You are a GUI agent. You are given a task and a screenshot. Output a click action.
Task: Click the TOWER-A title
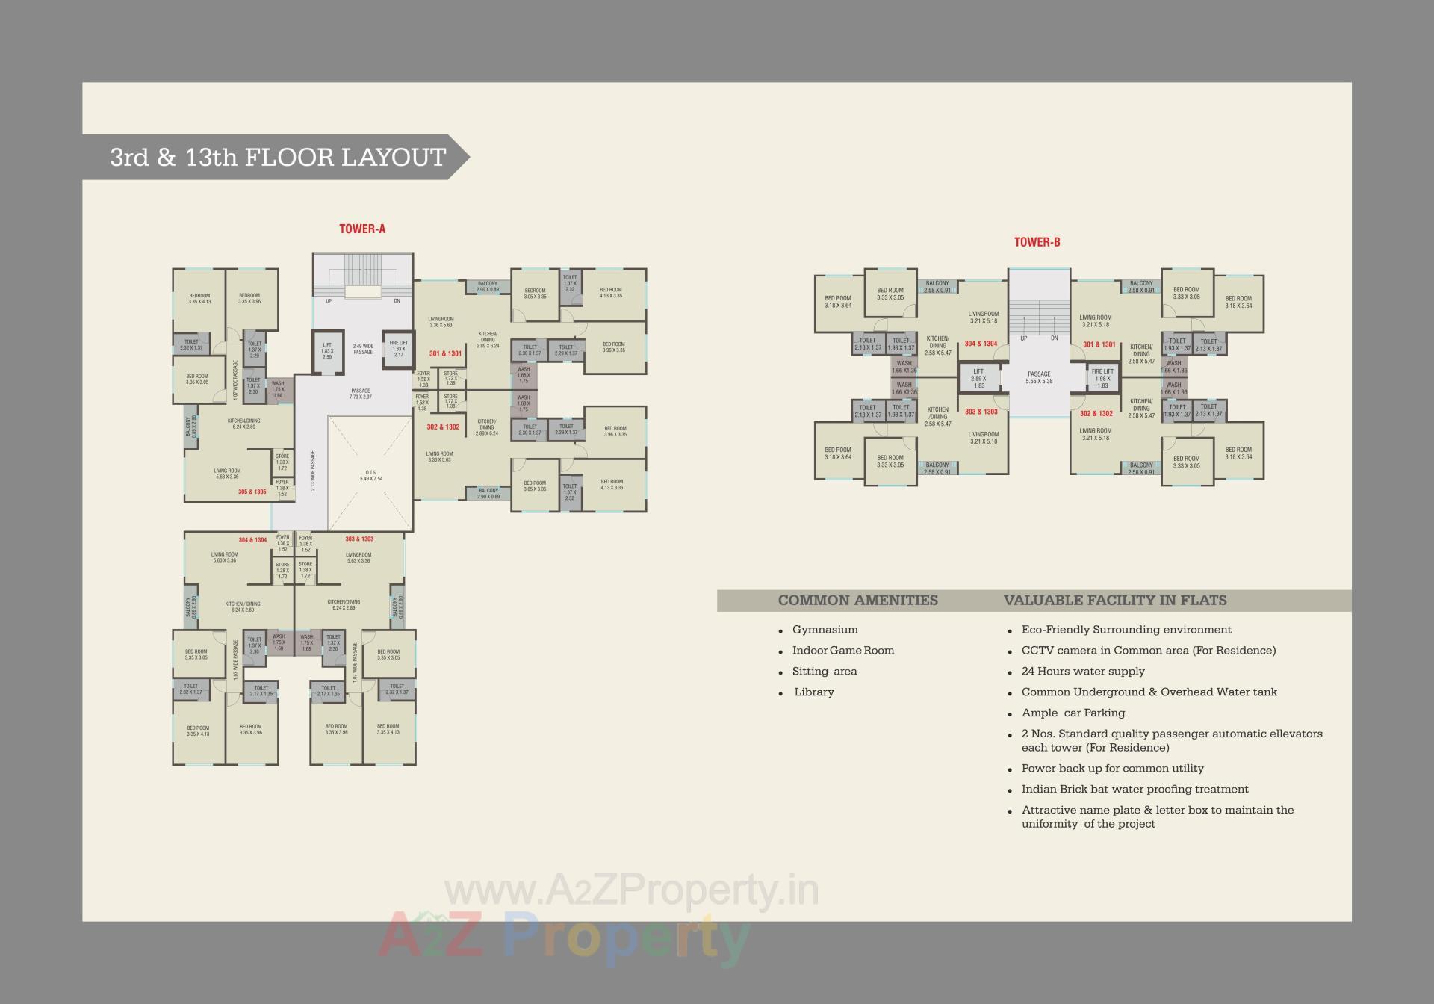(362, 229)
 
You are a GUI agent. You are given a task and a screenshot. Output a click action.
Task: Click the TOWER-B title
(1037, 242)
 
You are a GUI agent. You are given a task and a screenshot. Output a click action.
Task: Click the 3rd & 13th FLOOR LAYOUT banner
(278, 157)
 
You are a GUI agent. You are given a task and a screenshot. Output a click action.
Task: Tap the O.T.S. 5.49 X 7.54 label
(371, 475)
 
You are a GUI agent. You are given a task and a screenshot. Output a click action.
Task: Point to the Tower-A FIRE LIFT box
(398, 349)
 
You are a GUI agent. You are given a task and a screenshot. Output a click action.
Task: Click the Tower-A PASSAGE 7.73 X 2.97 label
(361, 394)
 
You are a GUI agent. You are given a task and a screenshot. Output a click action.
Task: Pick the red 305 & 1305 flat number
(252, 492)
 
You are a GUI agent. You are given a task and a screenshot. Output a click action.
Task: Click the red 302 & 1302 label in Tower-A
(443, 427)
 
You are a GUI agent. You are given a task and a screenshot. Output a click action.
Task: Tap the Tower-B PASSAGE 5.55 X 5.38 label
(1039, 377)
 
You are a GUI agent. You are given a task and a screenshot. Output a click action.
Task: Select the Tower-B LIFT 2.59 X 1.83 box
(978, 378)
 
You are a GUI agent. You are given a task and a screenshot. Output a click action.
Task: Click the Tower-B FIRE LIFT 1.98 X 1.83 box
(1102, 378)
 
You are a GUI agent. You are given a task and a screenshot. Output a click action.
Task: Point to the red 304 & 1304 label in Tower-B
(981, 344)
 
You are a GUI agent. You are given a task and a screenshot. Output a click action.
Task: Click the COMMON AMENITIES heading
(857, 600)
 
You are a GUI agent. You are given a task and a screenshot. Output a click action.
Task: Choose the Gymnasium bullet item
(825, 630)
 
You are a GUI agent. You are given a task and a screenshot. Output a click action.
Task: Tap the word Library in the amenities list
(813, 692)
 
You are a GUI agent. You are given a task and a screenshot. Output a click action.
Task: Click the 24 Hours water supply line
(1082, 671)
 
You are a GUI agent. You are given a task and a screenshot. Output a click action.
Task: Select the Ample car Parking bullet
(1073, 713)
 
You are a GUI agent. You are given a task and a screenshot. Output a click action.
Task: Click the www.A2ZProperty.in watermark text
(631, 890)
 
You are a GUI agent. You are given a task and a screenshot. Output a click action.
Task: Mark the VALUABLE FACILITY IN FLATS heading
(1114, 600)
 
